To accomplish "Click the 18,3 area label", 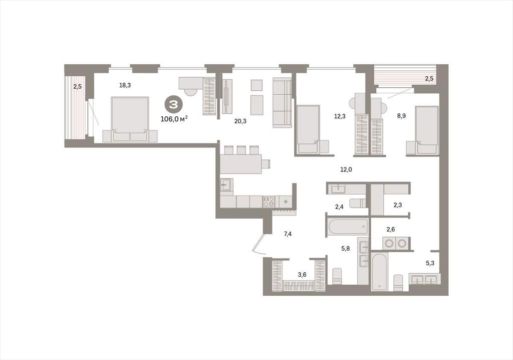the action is pos(125,86).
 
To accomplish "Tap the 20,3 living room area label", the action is pos(240,121).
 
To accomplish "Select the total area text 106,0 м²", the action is pos(174,119).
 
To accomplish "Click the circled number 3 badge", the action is pos(173,105).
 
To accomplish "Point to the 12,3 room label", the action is pos(339,116).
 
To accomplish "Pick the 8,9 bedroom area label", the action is pos(401,115).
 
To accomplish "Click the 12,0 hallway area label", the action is pos(346,169).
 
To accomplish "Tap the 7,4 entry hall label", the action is pos(288,234).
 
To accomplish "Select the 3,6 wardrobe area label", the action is pos(302,274).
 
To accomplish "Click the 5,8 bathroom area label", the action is pos(346,249).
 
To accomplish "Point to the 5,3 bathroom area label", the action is pos(430,263).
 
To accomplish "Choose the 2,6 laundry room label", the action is pos(391,229).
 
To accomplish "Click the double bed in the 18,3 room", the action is pos(130,119).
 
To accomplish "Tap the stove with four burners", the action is pos(269,202).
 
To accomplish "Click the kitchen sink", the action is pos(226,187).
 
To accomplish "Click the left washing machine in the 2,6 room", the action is pos(389,243).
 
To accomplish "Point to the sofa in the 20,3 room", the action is pos(282,102).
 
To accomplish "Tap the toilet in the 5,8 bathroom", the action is pos(337,276).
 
